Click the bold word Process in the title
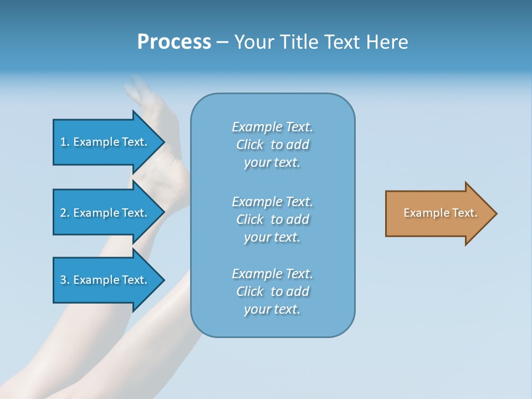point(174,42)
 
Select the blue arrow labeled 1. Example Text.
point(105,142)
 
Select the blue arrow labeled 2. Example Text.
point(105,213)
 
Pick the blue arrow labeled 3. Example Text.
point(105,280)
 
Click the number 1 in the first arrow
point(63,142)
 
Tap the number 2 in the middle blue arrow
point(63,213)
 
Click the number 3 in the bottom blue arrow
point(63,280)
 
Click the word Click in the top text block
point(249,145)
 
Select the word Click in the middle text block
point(249,220)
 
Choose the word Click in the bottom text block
point(249,292)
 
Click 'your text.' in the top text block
point(272,163)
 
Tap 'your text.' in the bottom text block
point(272,310)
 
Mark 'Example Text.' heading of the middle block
point(272,202)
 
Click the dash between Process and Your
point(222,43)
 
